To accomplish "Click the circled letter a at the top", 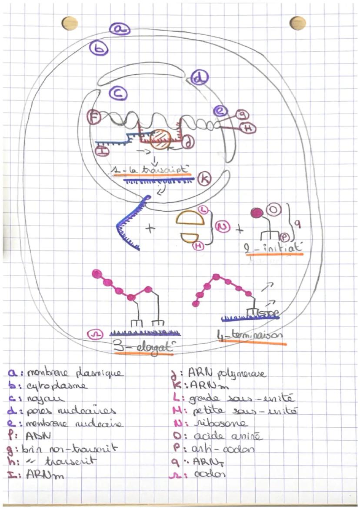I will (120, 29).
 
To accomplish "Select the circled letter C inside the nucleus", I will (118, 93).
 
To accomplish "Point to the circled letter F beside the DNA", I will (93, 116).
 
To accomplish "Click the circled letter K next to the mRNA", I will (203, 178).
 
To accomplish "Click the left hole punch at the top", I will (70, 23).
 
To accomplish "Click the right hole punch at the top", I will (298, 23).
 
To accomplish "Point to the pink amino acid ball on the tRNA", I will (257, 213).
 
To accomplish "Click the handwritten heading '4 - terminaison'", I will (250, 336).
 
